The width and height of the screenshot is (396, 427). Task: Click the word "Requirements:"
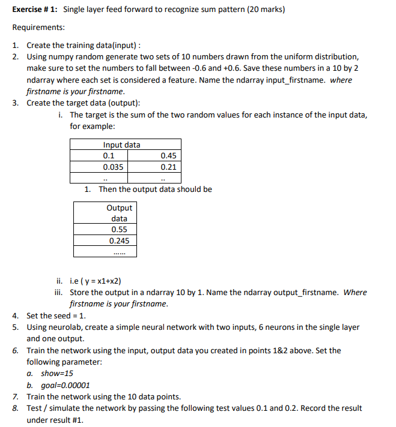(x=38, y=28)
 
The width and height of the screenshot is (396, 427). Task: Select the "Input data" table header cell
(x=121, y=145)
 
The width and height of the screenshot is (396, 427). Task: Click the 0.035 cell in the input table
(x=113, y=167)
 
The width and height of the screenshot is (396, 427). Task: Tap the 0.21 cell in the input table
(x=168, y=167)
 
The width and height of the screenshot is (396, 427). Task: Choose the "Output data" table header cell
(x=119, y=213)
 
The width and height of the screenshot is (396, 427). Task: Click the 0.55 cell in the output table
(x=119, y=230)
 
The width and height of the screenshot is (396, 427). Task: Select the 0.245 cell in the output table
(x=119, y=240)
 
